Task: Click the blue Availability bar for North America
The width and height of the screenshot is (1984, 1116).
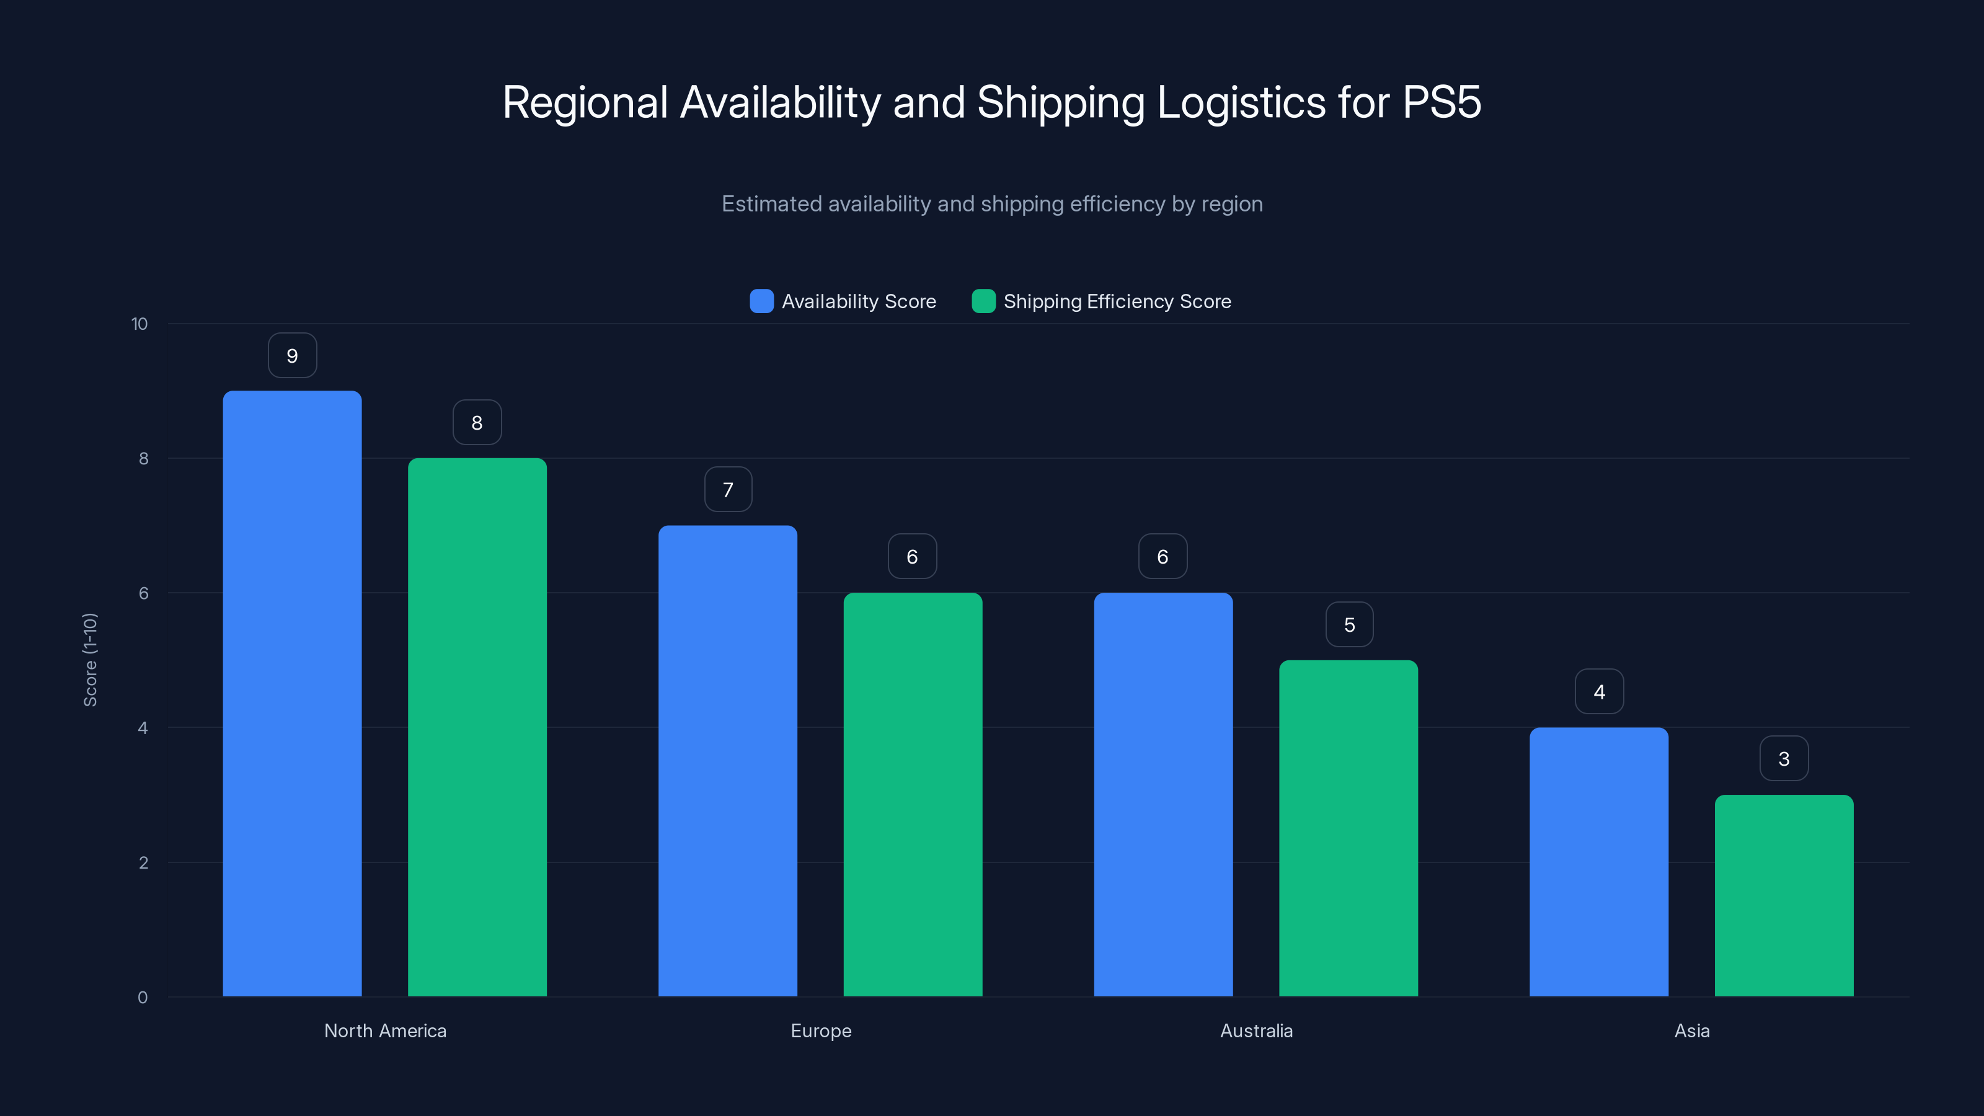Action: click(292, 693)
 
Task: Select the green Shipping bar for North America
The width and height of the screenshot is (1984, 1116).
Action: click(477, 727)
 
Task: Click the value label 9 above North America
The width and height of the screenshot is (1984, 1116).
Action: click(292, 356)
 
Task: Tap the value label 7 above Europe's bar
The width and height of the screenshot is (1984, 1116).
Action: click(728, 490)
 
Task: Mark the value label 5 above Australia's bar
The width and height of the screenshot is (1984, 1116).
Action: click(1349, 624)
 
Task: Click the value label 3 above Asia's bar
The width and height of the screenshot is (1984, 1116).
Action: click(1784, 759)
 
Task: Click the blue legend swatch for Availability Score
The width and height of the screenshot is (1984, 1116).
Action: click(761, 301)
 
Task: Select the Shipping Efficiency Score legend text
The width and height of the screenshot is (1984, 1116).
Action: click(1117, 301)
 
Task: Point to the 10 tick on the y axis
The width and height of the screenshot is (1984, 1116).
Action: click(139, 324)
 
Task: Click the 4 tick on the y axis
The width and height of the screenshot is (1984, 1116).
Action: click(143, 728)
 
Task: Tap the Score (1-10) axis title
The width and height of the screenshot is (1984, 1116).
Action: click(90, 660)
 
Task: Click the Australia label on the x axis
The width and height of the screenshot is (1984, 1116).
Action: click(1256, 1030)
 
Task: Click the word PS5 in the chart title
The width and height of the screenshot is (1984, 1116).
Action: click(1441, 102)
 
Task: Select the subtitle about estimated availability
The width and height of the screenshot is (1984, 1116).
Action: click(991, 204)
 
